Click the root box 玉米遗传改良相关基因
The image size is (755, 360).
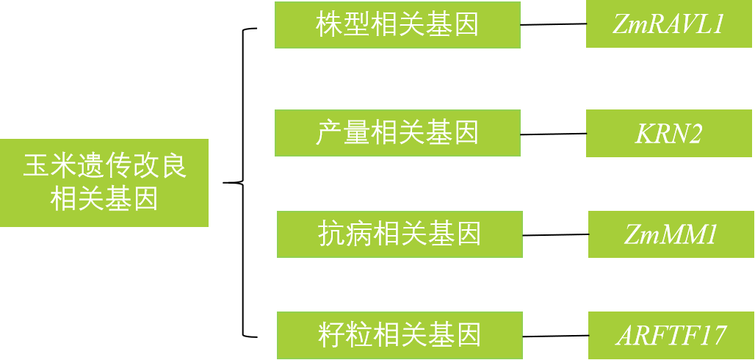click(104, 182)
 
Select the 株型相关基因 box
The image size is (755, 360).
click(397, 25)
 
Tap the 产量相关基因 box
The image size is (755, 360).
click(397, 133)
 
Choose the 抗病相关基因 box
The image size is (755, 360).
click(400, 234)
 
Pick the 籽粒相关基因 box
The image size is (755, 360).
click(400, 335)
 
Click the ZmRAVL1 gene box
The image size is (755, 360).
click(669, 25)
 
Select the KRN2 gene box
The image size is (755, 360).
click(669, 133)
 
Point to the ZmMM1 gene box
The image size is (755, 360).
click(671, 234)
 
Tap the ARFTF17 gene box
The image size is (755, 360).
click(671, 335)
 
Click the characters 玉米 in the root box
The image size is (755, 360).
click(49, 166)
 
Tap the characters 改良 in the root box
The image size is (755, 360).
click(159, 166)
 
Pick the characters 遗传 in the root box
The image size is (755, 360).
click(104, 166)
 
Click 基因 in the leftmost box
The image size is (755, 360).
click(132, 199)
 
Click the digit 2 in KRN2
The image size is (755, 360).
click(693, 134)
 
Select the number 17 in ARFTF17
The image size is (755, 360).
click(711, 336)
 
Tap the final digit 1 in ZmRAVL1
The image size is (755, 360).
click(718, 26)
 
